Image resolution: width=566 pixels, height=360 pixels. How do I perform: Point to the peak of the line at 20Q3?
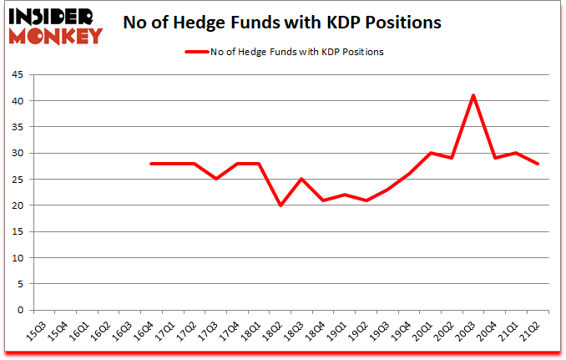473,95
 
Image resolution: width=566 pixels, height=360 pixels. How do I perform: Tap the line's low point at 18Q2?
280,205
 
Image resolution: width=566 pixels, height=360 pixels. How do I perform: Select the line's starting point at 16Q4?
151,164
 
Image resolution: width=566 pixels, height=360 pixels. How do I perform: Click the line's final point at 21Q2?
538,164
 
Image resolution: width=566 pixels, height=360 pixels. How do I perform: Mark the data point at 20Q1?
430,153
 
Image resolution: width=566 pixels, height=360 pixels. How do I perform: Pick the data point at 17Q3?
215,179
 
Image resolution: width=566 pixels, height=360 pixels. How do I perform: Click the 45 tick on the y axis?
17,75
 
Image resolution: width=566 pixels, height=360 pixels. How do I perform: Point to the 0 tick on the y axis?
19,310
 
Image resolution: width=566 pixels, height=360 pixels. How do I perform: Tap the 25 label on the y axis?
17,180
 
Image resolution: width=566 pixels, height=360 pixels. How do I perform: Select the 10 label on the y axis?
17,258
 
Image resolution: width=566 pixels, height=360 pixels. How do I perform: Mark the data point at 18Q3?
301,179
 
